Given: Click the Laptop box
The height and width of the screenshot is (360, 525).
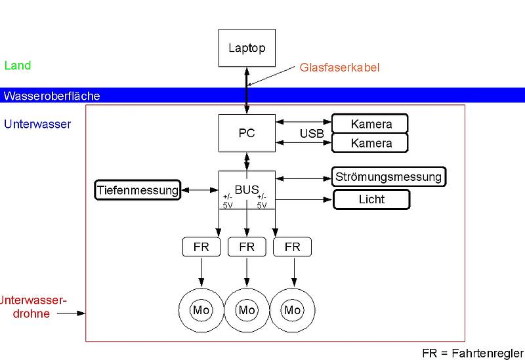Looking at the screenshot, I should (x=247, y=48).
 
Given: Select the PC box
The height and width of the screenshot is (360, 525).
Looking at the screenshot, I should (x=247, y=133).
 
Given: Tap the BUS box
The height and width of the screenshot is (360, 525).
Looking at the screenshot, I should (x=247, y=190).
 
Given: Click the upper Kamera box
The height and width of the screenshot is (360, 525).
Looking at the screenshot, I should (x=370, y=124).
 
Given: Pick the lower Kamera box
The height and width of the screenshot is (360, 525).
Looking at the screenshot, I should (x=370, y=143).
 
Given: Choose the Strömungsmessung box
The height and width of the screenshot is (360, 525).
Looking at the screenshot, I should (x=388, y=176).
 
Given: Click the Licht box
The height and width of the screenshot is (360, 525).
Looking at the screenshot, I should (x=371, y=199).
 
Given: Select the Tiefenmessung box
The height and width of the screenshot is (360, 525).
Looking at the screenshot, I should (x=138, y=190).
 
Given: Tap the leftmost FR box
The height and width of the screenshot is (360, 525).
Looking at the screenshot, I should (x=201, y=247).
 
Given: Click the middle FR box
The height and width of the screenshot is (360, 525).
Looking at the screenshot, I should (x=247, y=247).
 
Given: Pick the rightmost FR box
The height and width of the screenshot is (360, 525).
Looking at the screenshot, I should (x=293, y=247).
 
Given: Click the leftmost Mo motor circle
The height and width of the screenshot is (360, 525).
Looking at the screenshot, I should (x=201, y=310).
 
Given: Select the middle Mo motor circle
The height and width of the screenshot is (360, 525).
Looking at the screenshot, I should (x=247, y=310).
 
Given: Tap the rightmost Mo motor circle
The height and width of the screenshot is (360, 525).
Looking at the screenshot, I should (x=293, y=310).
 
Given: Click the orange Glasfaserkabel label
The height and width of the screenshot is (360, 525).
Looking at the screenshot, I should (x=339, y=68).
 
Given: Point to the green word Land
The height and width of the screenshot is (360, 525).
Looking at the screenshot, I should (x=18, y=66).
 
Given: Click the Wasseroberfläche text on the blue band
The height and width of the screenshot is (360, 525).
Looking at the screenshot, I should (x=52, y=96).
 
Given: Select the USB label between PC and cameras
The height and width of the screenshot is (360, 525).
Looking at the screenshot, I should (x=312, y=134).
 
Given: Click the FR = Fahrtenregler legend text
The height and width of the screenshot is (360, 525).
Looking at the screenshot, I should (x=472, y=353).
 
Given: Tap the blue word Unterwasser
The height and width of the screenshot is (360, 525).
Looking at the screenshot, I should (x=37, y=124).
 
